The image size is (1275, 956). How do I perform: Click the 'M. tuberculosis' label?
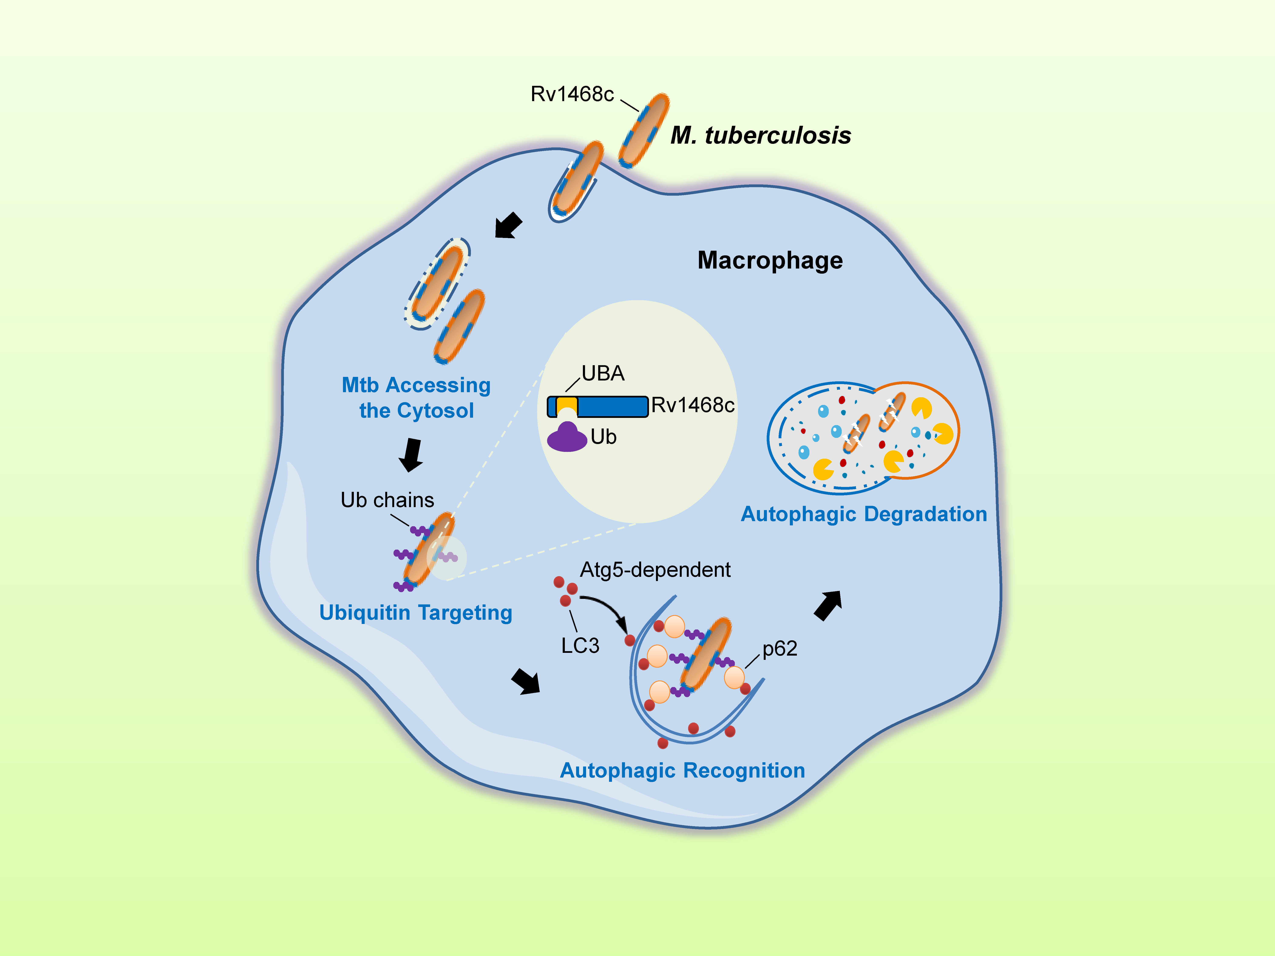click(x=761, y=135)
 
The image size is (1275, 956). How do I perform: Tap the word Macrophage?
click(x=770, y=260)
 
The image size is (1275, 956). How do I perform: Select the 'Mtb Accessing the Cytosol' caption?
click(x=416, y=398)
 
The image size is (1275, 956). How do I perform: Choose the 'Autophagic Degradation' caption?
click(x=863, y=514)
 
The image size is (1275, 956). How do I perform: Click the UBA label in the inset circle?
click(x=603, y=373)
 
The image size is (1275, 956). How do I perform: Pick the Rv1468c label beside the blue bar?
click(x=693, y=405)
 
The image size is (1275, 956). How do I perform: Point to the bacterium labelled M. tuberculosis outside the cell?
click(x=644, y=131)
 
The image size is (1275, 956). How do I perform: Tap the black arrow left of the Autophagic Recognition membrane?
click(x=526, y=682)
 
